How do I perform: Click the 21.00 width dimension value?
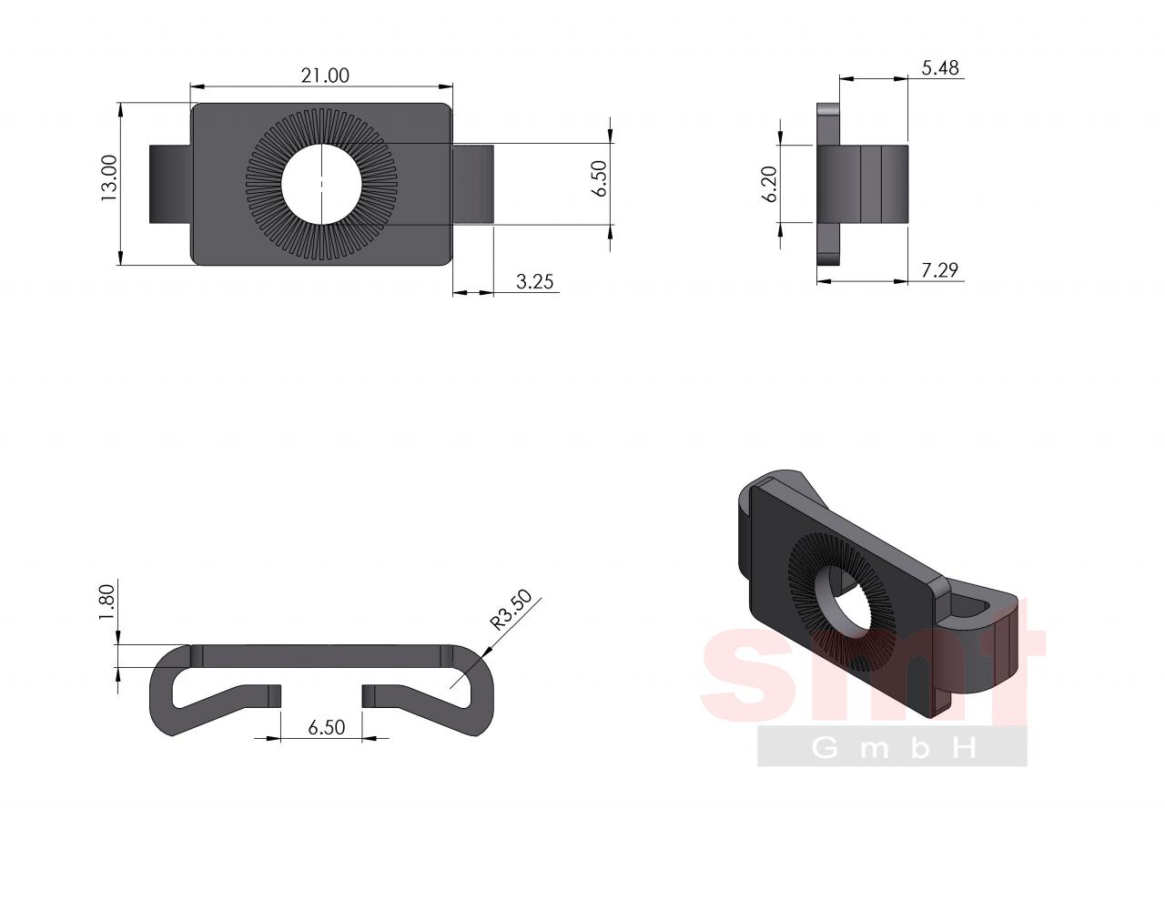tap(324, 76)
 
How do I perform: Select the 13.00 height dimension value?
tap(109, 178)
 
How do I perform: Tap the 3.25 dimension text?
tap(534, 281)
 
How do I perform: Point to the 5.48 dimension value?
tap(940, 67)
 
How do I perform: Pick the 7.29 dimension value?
tap(939, 269)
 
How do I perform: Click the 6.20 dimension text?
tap(769, 185)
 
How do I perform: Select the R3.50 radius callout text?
tap(512, 610)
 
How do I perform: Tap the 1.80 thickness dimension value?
tap(107, 602)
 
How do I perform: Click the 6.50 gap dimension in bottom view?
tap(327, 727)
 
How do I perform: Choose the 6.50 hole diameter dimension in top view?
tap(600, 178)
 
